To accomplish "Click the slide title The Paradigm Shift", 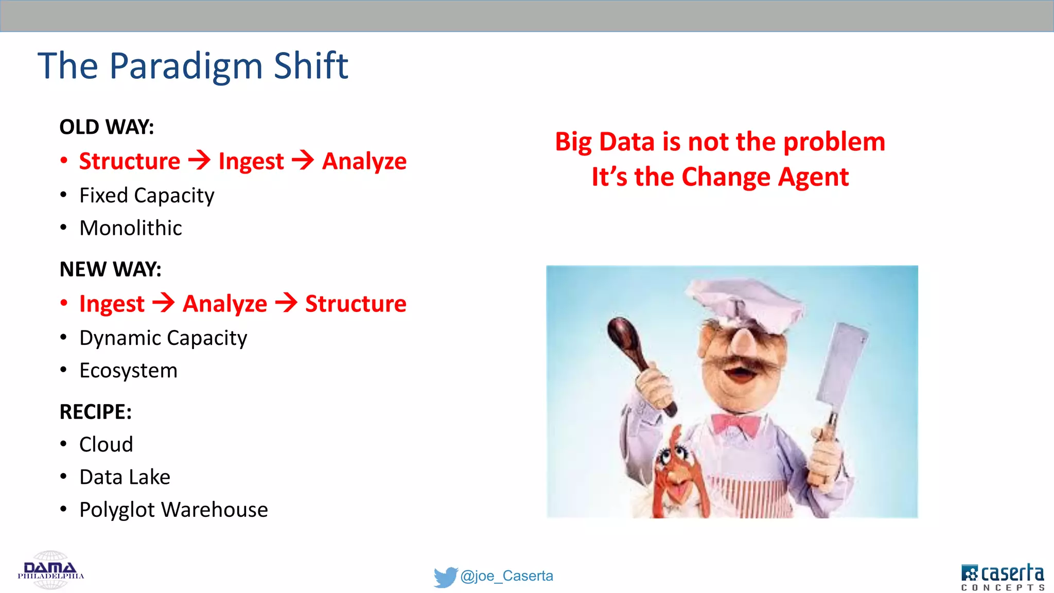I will pyautogui.click(x=193, y=66).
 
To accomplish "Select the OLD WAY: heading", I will pyautogui.click(x=107, y=127).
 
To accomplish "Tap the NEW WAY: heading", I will pyautogui.click(x=110, y=269).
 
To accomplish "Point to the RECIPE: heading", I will pyautogui.click(x=96, y=412).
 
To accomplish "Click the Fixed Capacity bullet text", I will pyautogui.click(x=147, y=196).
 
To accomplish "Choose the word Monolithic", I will pyautogui.click(x=131, y=228).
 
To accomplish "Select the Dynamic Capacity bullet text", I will pyautogui.click(x=163, y=338).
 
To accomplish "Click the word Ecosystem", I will pyautogui.click(x=128, y=371).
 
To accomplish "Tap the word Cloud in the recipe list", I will pyautogui.click(x=106, y=444).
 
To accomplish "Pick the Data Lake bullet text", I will pyautogui.click(x=125, y=477).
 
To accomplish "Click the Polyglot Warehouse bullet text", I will pyautogui.click(x=173, y=510).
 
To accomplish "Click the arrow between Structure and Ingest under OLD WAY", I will pyautogui.click(x=199, y=160).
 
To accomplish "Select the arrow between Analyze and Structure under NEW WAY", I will pyautogui.click(x=286, y=303).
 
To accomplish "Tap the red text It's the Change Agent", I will pyautogui.click(x=719, y=177).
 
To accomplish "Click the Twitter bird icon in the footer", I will pyautogui.click(x=445, y=577).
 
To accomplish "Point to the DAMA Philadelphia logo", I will pyautogui.click(x=50, y=570).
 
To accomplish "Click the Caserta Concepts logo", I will pyautogui.click(x=1002, y=577).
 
